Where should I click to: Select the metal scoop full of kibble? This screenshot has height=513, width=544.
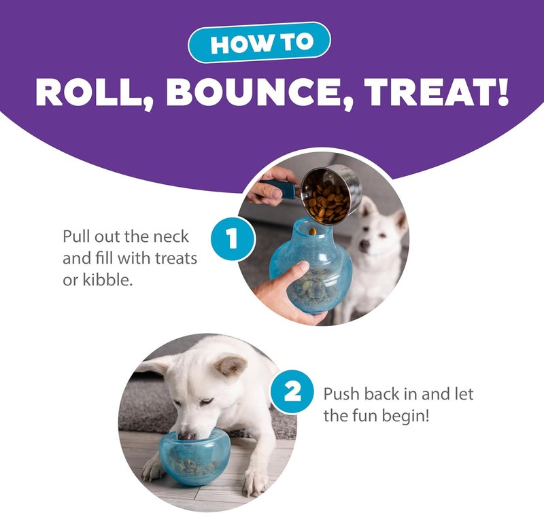pyautogui.click(x=329, y=193)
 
